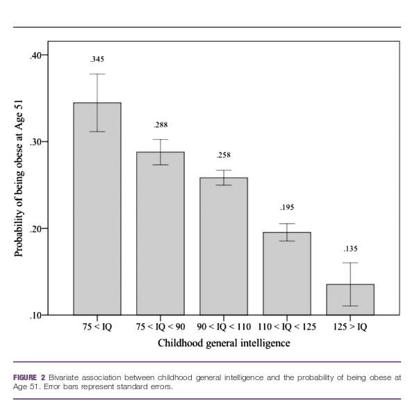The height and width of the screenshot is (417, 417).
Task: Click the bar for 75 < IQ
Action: click(97, 208)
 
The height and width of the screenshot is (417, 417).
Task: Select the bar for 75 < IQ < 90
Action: click(161, 233)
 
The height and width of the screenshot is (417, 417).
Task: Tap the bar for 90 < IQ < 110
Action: click(224, 246)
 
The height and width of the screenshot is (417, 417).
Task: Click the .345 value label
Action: click(97, 59)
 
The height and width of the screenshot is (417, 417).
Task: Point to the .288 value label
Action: click(161, 125)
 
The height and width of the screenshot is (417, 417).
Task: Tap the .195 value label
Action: click(287, 208)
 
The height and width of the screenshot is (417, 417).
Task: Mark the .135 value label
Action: click(350, 248)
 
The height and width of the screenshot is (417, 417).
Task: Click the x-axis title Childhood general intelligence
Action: click(224, 343)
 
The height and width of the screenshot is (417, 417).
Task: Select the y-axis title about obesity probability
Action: click(19, 184)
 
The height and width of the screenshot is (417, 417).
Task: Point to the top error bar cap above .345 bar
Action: click(97, 74)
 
